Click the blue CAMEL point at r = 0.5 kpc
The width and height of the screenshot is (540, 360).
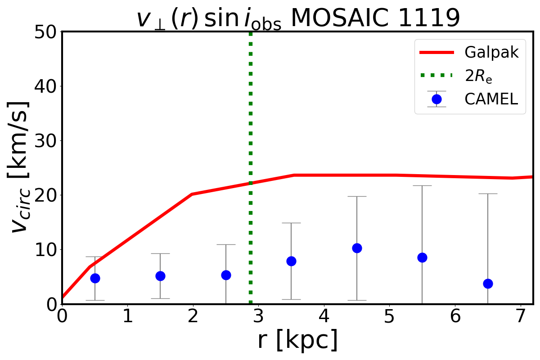coord(95,278)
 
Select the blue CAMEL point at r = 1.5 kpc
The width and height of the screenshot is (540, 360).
coord(160,276)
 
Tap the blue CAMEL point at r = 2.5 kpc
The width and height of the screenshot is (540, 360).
coord(226,275)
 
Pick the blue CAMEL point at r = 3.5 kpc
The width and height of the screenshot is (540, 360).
coord(291,261)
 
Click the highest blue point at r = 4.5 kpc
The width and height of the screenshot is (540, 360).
coord(357,248)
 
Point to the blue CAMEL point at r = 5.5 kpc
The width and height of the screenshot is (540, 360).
coord(422,257)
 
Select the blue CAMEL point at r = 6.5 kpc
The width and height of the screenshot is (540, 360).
coord(488,283)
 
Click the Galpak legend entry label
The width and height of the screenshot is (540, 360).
coord(492,53)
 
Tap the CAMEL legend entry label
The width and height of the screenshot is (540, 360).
coord(491,99)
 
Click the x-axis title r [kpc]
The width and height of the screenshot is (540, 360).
coord(297,341)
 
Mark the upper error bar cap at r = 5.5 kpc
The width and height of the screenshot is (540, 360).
coord(422,185)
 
